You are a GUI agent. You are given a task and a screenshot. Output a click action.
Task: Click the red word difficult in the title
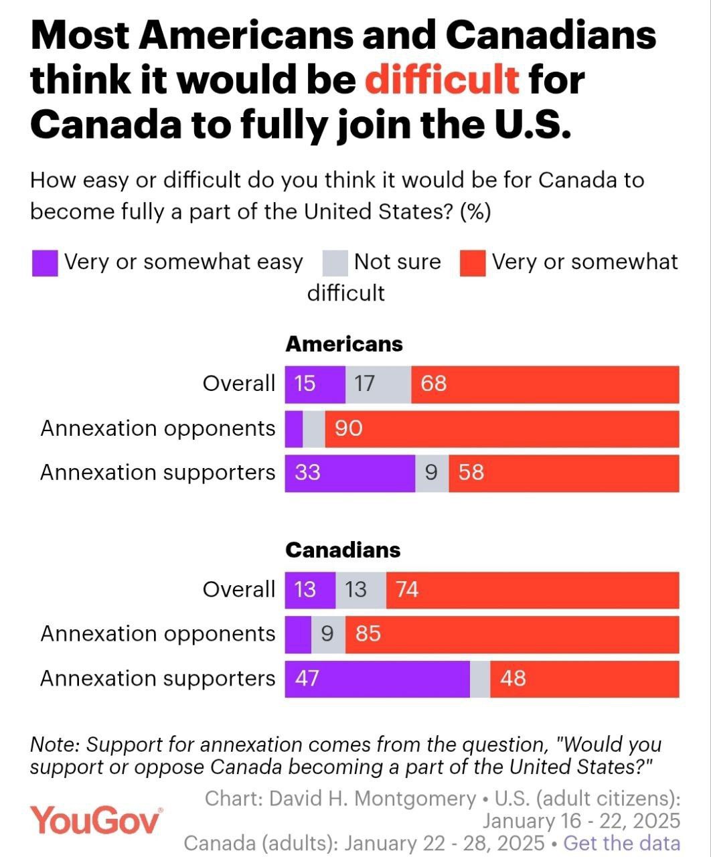click(442, 79)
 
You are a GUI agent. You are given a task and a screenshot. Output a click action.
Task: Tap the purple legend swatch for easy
click(45, 262)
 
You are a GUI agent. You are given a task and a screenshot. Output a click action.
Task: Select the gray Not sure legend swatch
click(335, 262)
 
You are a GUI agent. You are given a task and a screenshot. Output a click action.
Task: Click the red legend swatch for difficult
click(473, 262)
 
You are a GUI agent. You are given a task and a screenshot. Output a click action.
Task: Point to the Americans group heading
click(344, 344)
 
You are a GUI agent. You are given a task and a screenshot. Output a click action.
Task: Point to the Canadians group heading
click(343, 550)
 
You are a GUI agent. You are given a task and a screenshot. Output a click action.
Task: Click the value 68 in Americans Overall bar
click(433, 384)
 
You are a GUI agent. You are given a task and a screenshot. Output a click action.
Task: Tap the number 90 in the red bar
click(348, 428)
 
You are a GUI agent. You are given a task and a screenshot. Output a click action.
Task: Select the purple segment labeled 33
click(349, 473)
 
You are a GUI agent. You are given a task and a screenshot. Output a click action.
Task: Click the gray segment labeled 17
click(378, 384)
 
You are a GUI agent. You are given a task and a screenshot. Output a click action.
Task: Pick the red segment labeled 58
click(564, 473)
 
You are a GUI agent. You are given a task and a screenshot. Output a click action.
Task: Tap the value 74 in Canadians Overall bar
click(407, 589)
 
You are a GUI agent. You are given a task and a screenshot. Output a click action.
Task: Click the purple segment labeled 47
click(377, 678)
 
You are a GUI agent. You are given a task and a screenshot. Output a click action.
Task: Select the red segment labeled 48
click(584, 678)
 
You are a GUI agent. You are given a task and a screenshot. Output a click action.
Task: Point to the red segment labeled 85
click(512, 633)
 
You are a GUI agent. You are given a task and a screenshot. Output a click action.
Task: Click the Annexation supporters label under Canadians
click(158, 678)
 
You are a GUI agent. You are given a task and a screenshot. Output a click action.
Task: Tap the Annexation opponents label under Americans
click(158, 428)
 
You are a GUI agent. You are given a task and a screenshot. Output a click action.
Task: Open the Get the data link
click(622, 843)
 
